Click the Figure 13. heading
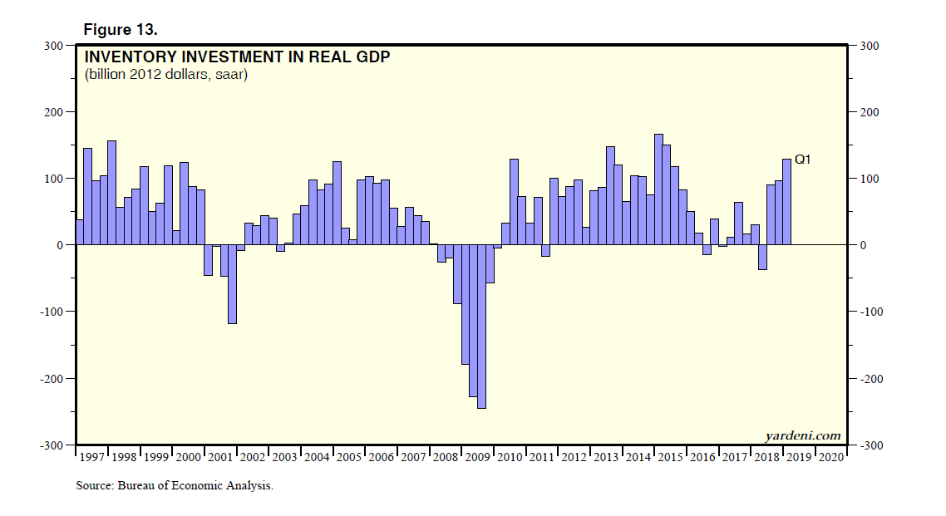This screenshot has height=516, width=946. point(121,29)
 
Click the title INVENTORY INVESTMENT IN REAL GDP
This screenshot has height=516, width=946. point(236,58)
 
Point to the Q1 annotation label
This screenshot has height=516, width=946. point(802,159)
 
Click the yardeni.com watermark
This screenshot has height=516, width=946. point(802,435)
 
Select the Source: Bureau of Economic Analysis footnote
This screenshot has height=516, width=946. point(175,486)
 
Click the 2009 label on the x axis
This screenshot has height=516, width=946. point(478,457)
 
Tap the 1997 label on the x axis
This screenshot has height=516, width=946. point(91,457)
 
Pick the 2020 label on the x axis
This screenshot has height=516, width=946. point(831,457)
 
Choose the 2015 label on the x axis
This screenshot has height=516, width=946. point(671,457)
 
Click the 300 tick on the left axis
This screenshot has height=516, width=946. point(54,46)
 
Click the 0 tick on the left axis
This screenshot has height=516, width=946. point(61,245)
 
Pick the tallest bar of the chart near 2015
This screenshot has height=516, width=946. point(658,189)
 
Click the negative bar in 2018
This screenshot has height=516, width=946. point(762,257)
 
